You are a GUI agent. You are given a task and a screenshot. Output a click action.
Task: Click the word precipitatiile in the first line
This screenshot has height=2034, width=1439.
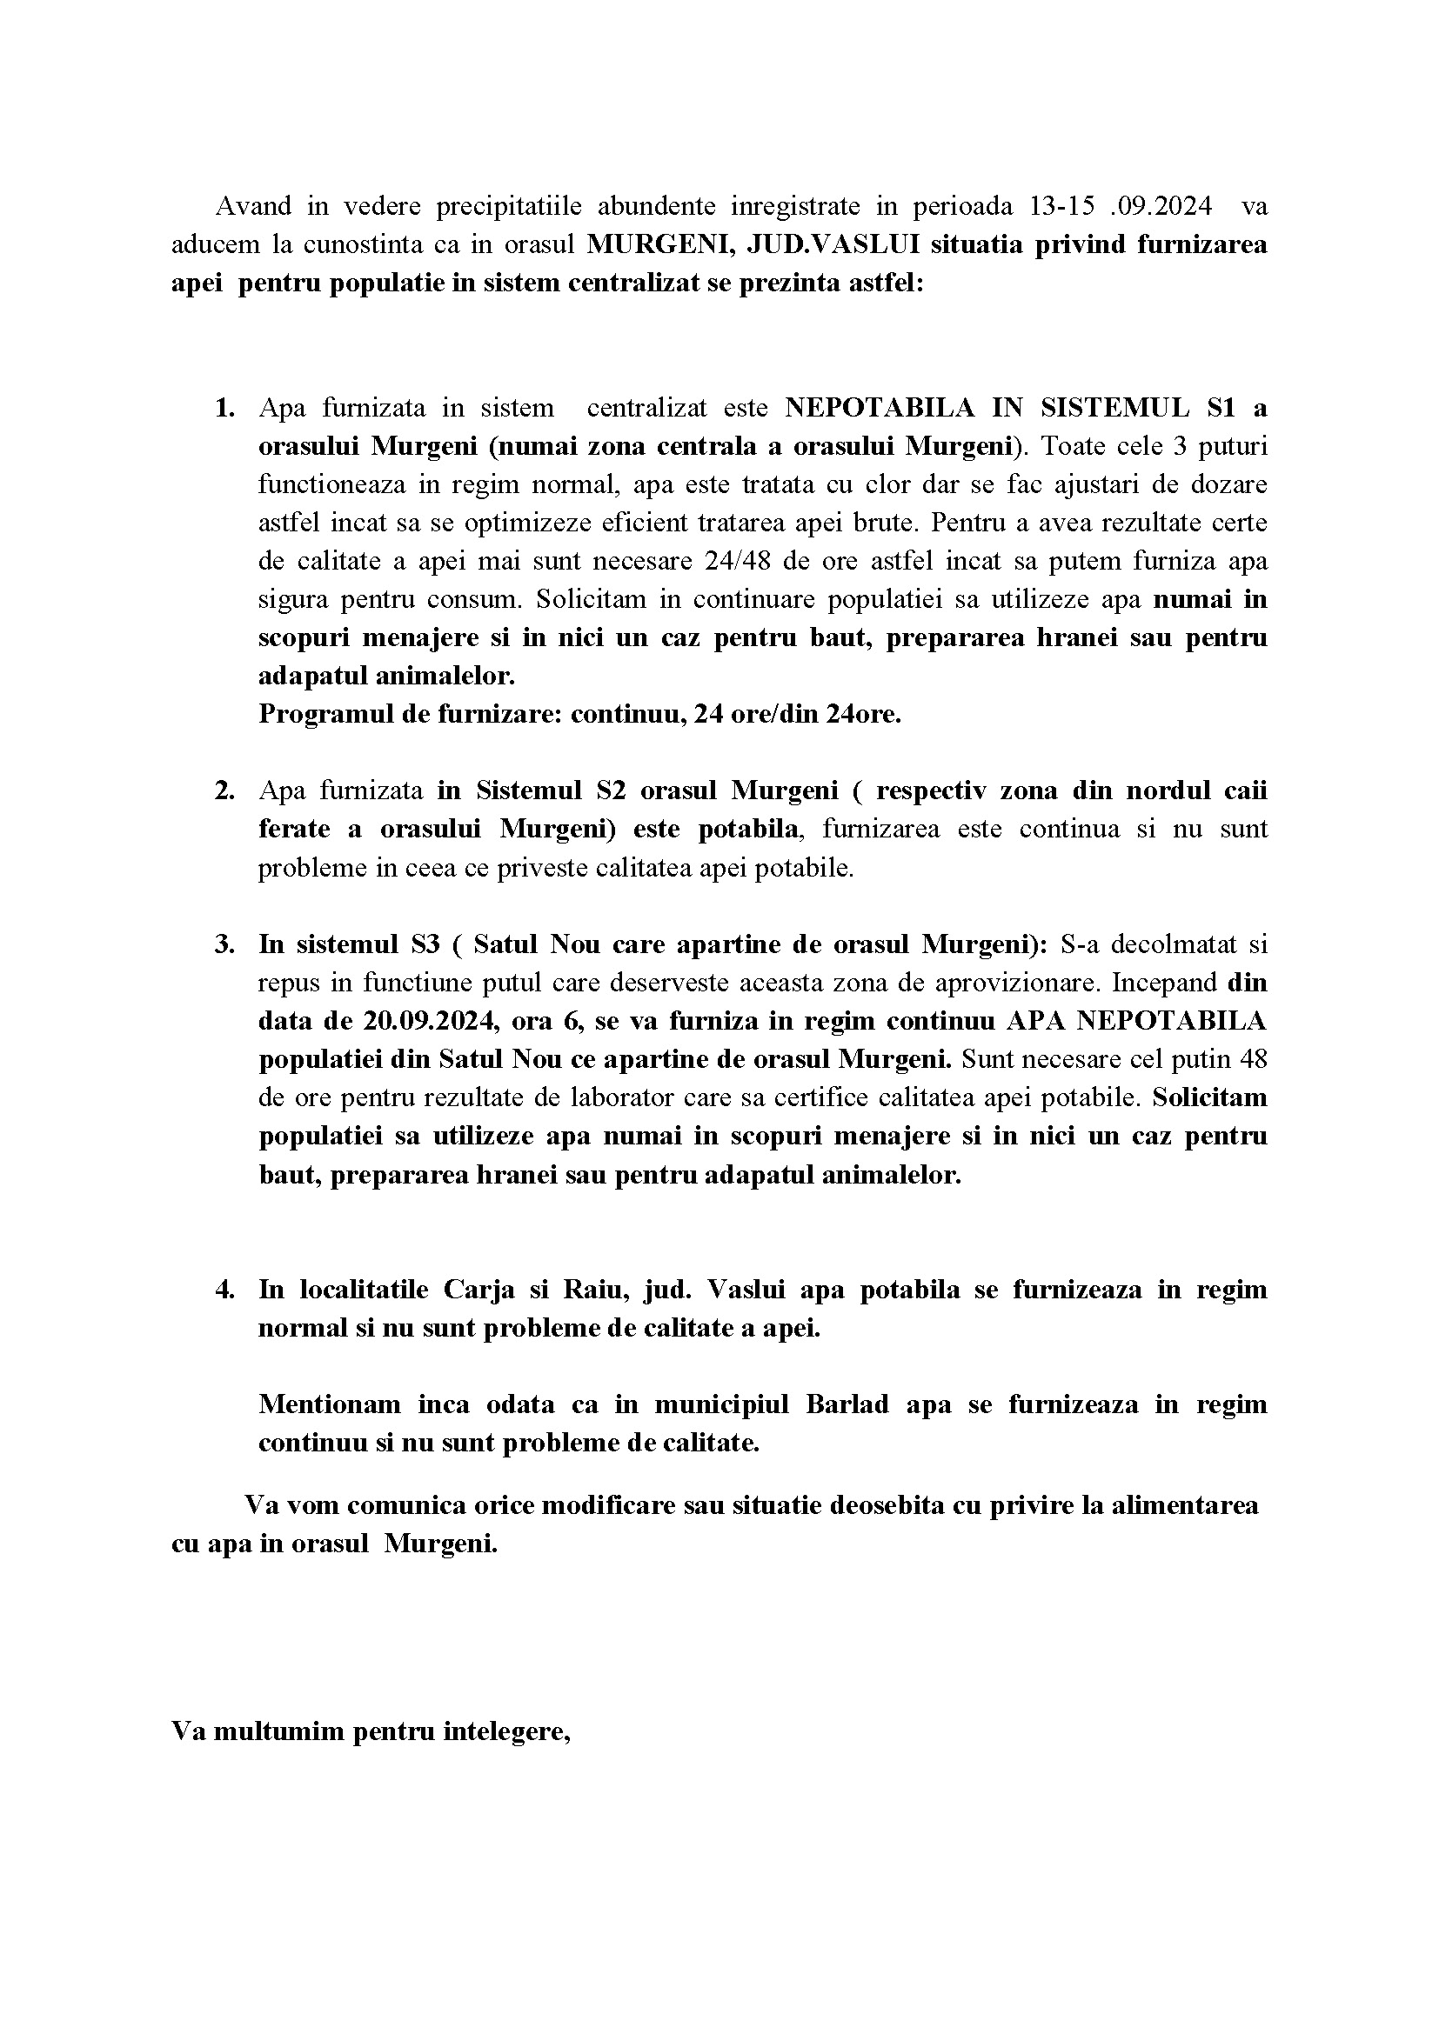(509, 206)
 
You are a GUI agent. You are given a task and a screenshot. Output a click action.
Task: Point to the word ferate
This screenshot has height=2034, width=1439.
(294, 829)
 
